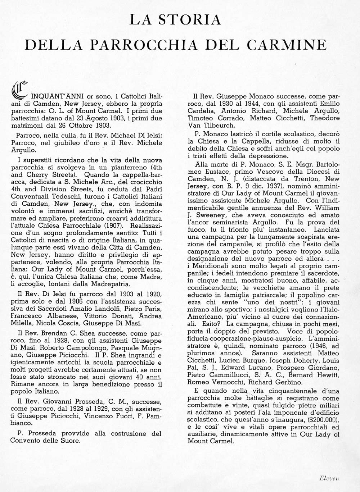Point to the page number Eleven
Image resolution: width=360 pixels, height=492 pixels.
[x=329, y=478]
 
